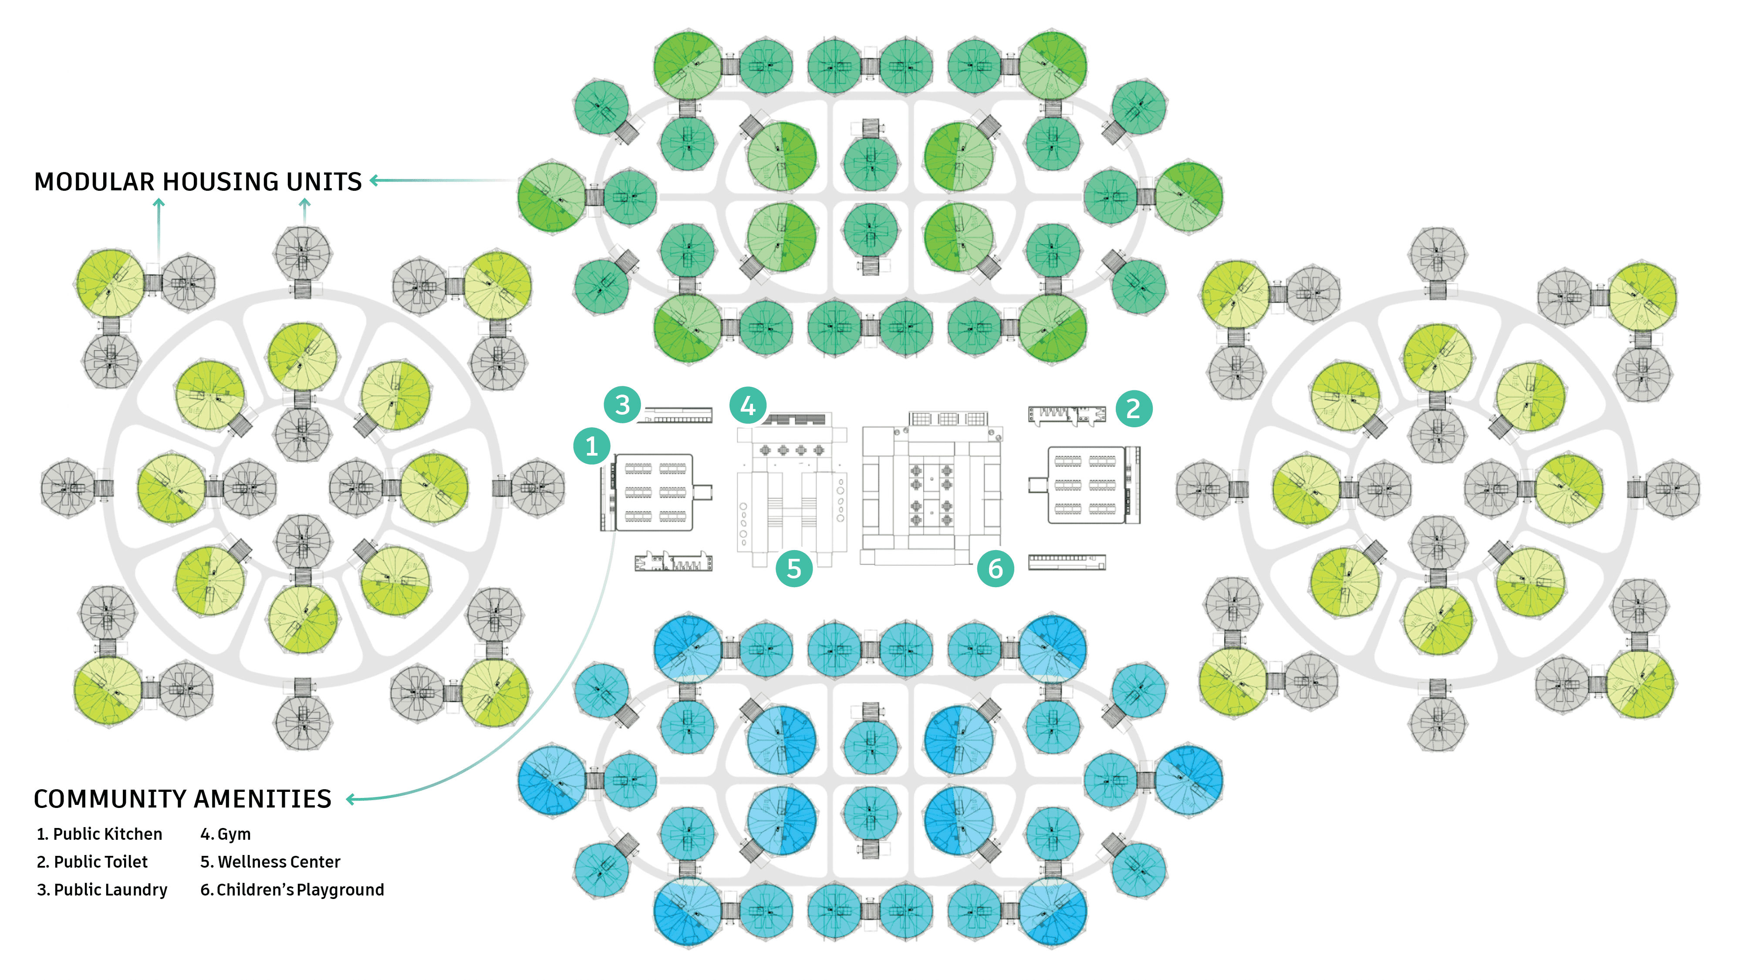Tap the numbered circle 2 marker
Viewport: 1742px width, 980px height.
1133,409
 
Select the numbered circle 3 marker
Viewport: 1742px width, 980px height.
622,405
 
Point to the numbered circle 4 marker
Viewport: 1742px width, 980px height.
747,406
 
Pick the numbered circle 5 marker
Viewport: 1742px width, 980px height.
794,569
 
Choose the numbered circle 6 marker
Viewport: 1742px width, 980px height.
996,569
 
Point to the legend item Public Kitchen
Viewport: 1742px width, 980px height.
100,834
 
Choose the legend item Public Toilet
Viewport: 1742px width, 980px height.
93,862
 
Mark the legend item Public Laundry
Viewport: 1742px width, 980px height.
102,889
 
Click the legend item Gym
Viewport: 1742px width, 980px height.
226,834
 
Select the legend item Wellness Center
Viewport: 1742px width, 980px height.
270,862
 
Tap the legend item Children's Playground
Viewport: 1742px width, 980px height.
292,889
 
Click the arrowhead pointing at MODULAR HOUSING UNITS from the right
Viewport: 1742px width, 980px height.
375,181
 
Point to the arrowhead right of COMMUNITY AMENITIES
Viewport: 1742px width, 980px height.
350,799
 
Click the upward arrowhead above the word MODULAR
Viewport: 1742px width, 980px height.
159,202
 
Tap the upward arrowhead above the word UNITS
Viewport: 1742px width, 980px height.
305,202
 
